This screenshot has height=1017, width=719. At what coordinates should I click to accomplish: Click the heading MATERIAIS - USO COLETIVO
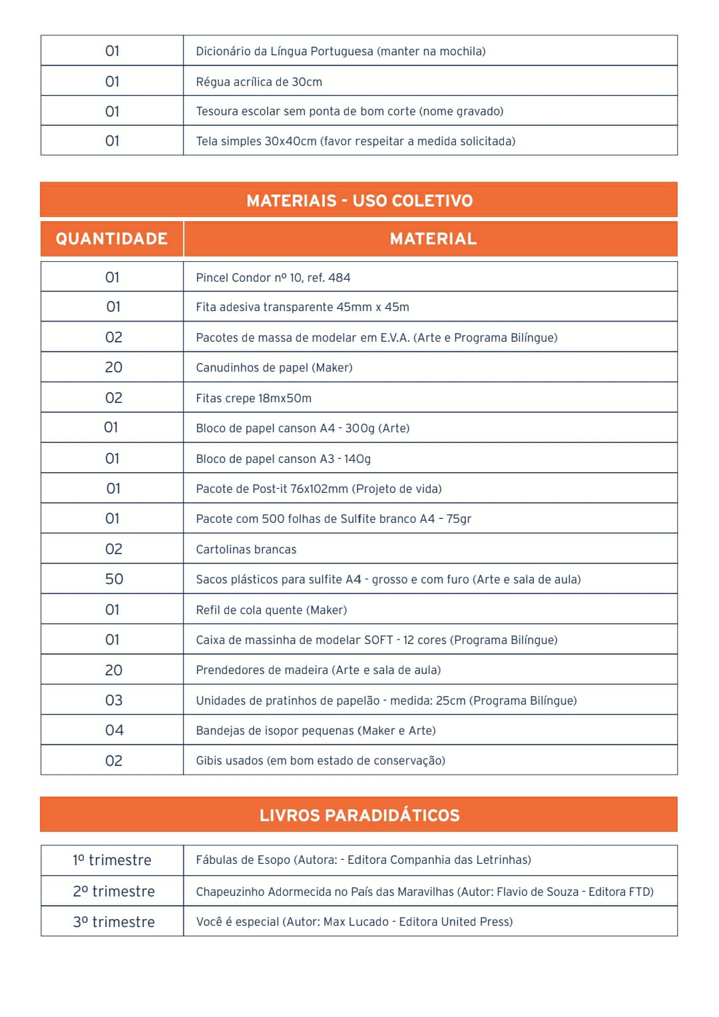tap(359, 200)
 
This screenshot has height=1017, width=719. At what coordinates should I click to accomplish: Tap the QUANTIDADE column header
tap(112, 238)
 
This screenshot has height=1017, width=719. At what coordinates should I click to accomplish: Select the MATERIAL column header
tap(433, 238)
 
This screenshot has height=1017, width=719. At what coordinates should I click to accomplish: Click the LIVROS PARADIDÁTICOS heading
tap(359, 815)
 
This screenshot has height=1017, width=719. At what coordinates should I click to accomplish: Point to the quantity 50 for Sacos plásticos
tap(114, 579)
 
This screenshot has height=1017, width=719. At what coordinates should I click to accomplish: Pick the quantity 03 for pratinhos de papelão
tap(114, 700)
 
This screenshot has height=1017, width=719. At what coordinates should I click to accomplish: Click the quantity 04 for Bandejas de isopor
tap(114, 730)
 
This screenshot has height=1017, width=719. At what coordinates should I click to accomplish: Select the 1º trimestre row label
tap(112, 860)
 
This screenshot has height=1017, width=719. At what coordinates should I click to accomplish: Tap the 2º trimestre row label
tap(114, 891)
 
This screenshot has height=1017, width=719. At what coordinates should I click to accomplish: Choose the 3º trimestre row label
tap(114, 922)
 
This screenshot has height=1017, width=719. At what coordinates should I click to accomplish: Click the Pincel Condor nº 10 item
tap(273, 277)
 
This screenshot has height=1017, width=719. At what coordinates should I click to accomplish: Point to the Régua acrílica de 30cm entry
tap(259, 82)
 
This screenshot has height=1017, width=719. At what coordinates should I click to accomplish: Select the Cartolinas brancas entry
tap(246, 549)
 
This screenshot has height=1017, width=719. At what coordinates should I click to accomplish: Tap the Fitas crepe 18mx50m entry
tap(254, 398)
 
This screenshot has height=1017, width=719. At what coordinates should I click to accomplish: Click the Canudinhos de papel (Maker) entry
tap(274, 368)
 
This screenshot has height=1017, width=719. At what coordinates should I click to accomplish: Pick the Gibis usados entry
tap(320, 761)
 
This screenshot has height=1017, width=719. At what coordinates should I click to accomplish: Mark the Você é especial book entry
tap(354, 922)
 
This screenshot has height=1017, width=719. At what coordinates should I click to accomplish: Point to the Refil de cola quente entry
tap(271, 610)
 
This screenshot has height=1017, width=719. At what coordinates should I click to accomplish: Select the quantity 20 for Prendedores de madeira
tap(114, 670)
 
